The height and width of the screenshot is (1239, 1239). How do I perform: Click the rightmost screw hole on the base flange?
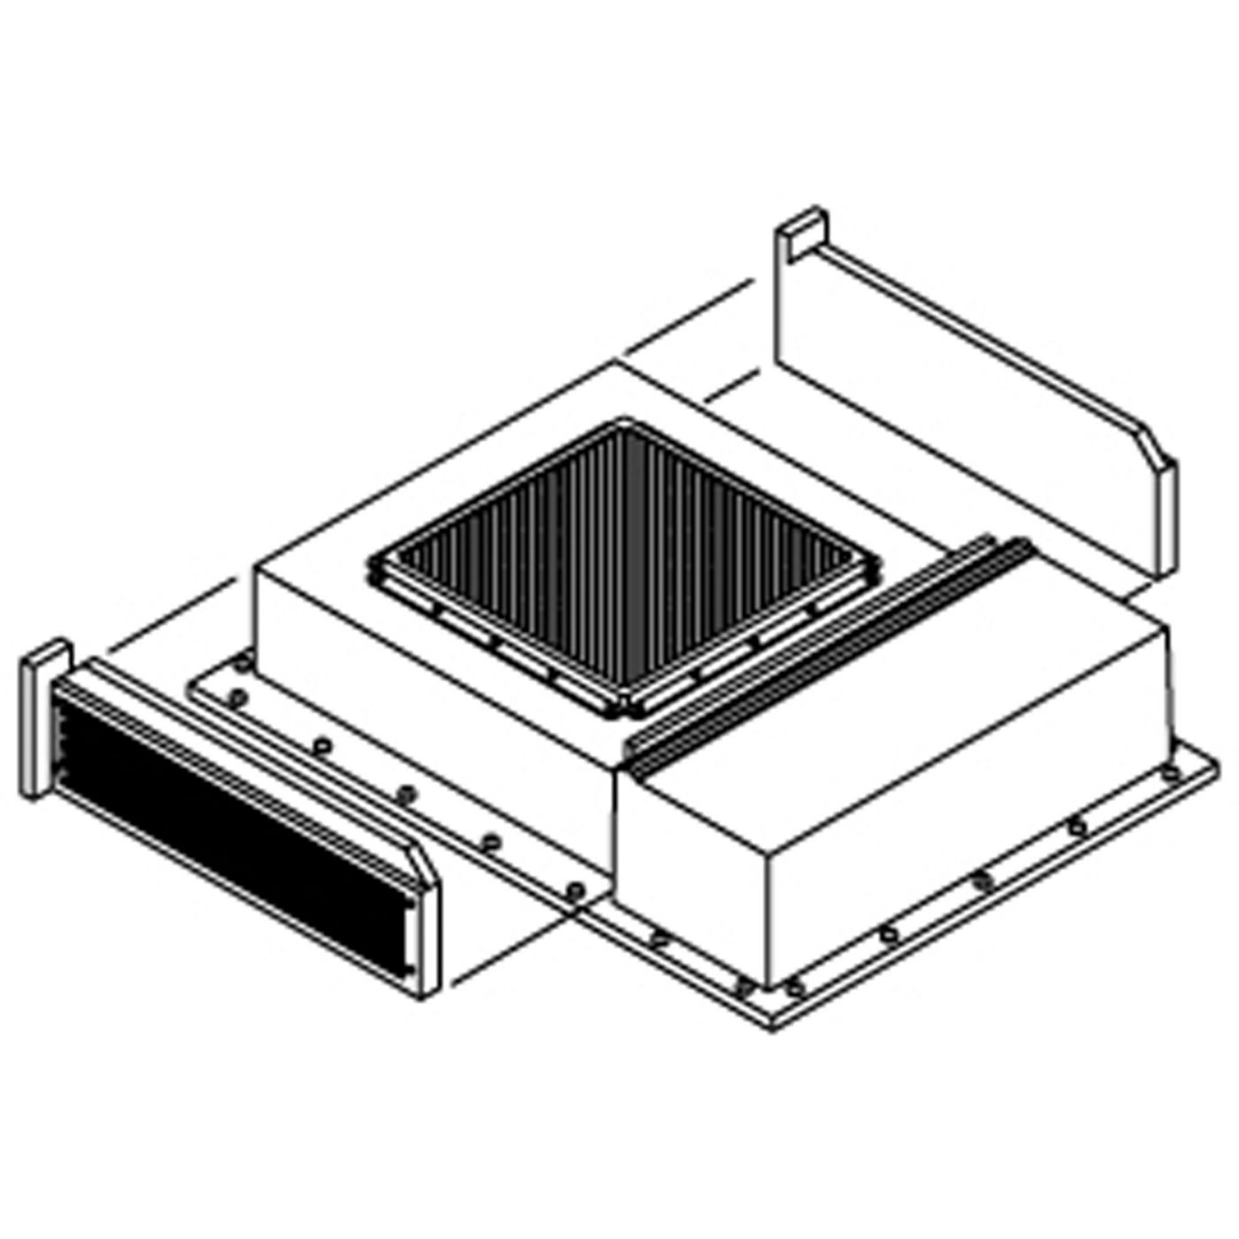click(x=1176, y=773)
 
